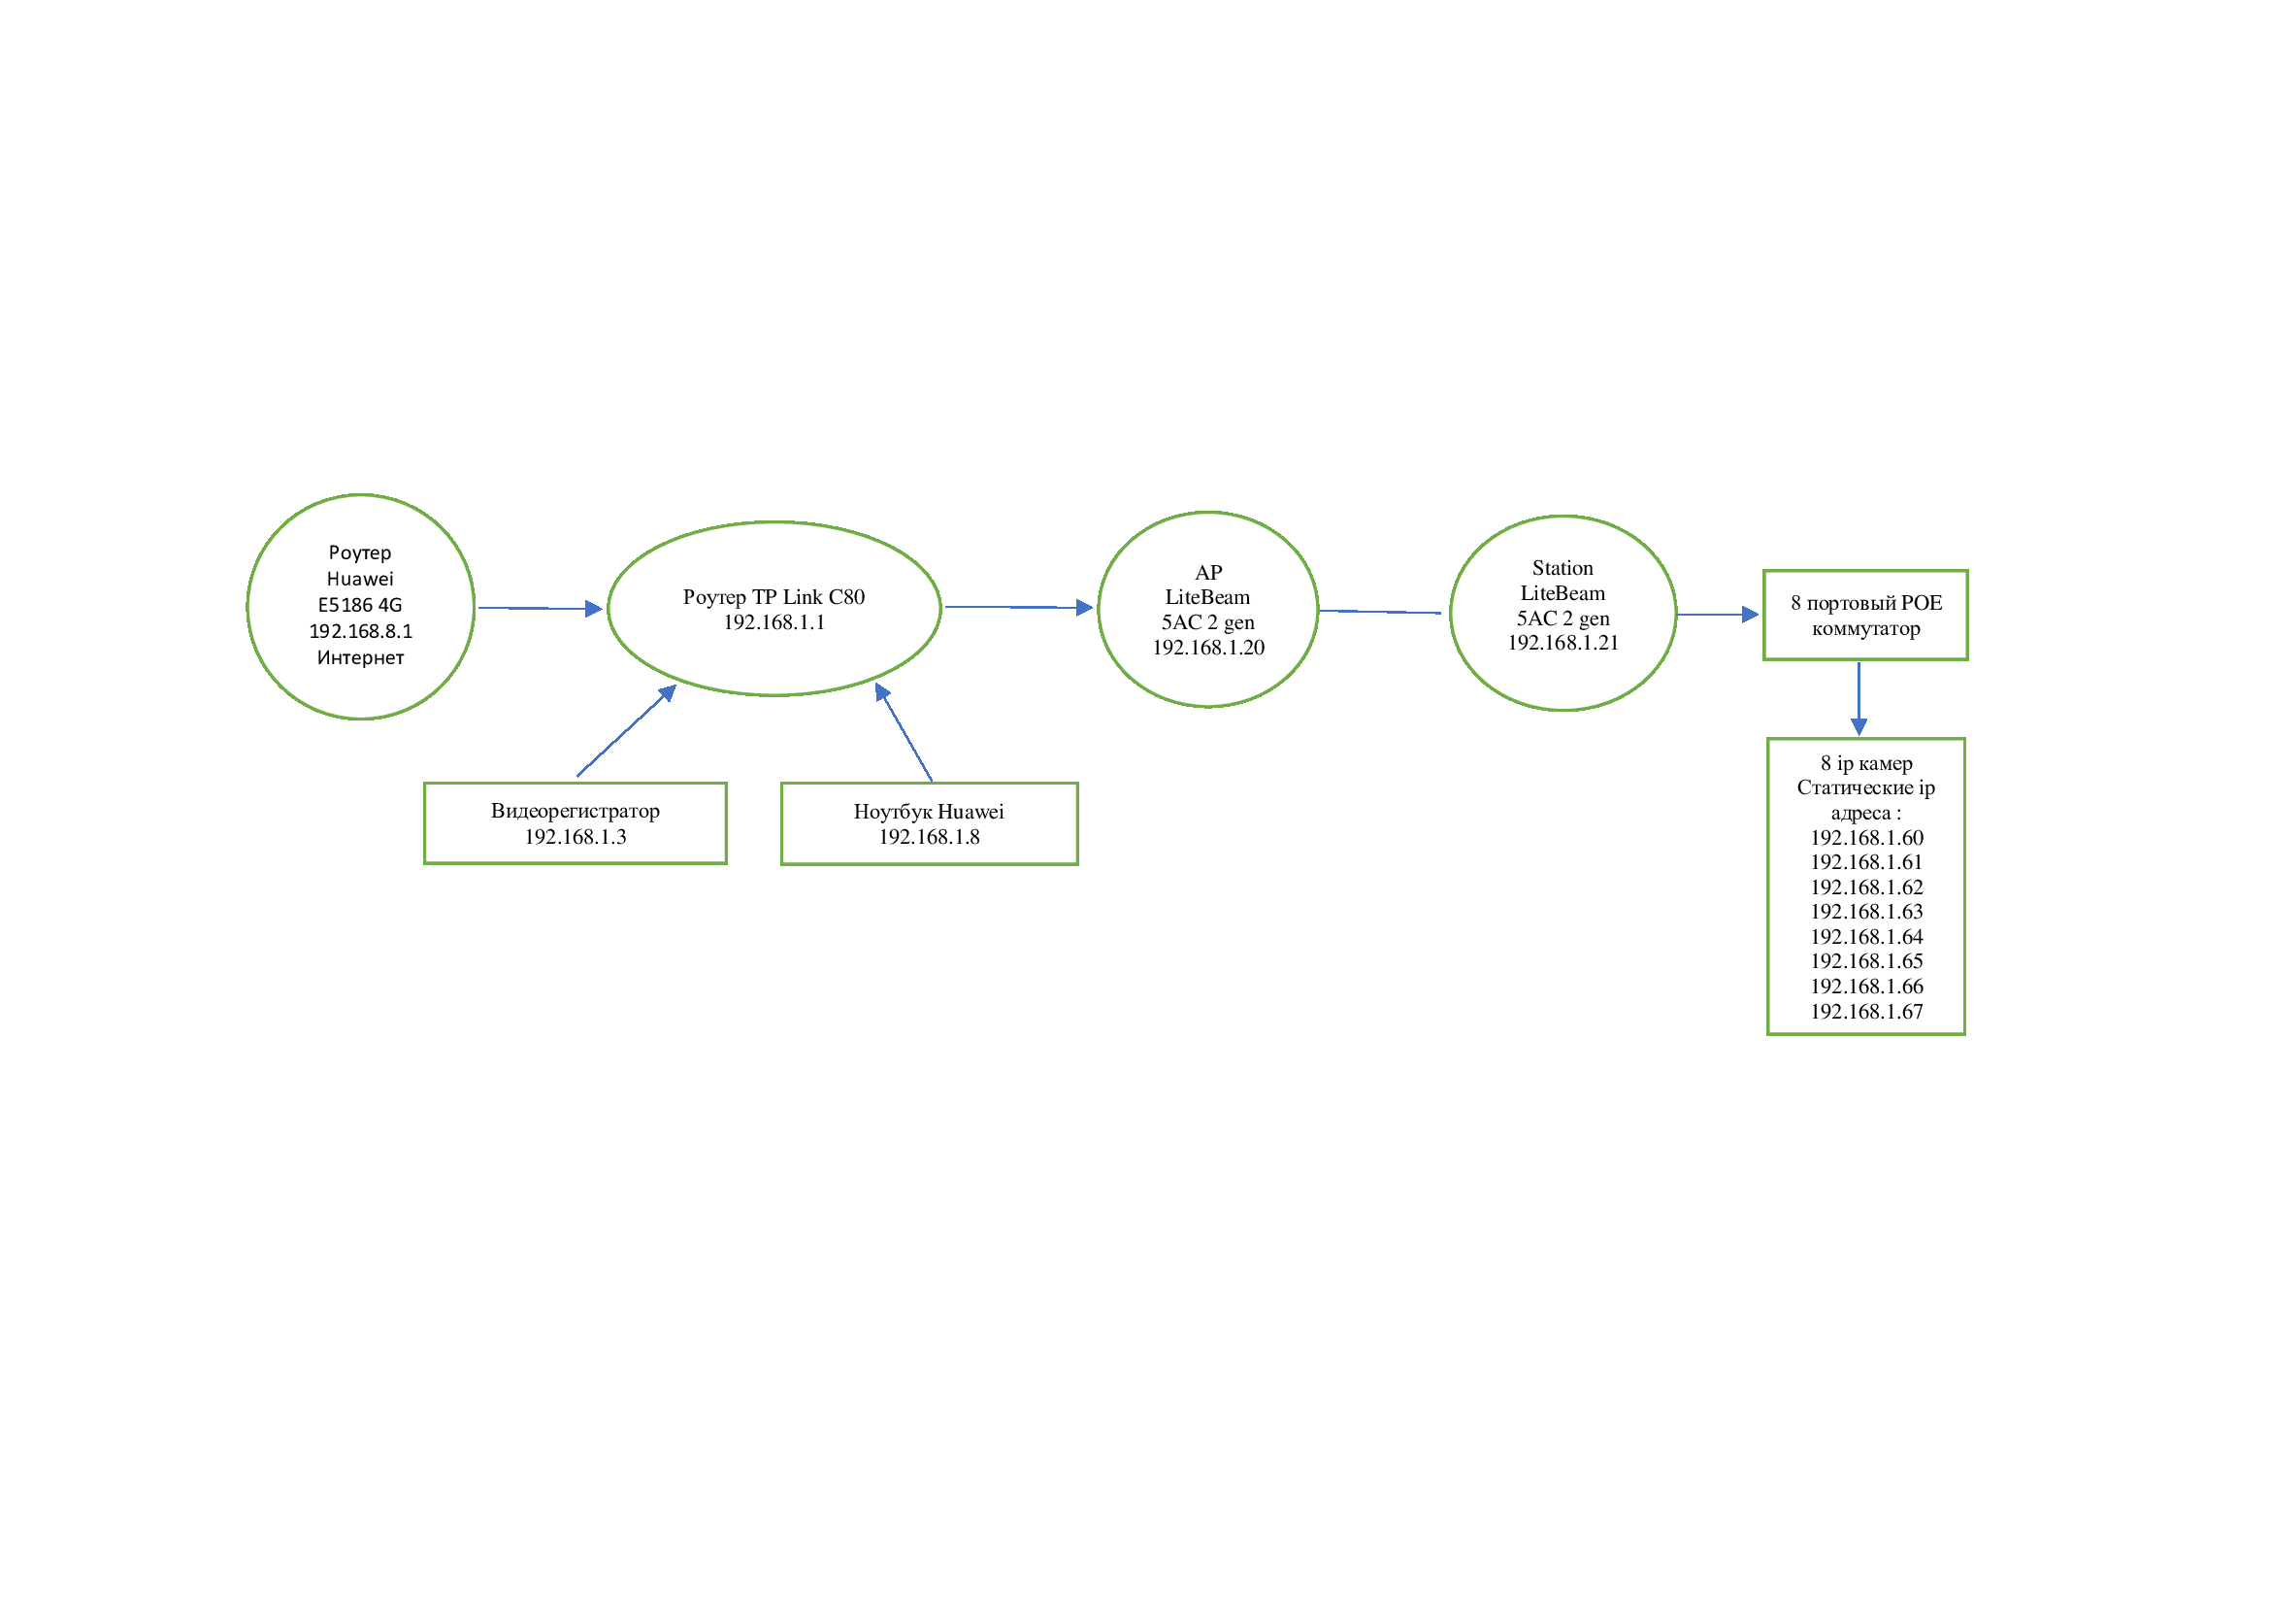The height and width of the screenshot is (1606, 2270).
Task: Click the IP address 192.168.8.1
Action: (x=360, y=631)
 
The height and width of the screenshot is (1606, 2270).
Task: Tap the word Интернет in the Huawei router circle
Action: (x=360, y=657)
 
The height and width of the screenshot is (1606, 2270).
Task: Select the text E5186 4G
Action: (x=360, y=605)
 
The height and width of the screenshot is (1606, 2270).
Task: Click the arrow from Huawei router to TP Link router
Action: (x=540, y=608)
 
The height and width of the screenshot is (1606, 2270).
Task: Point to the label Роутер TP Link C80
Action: (x=773, y=597)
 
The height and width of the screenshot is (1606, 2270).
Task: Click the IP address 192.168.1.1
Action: (x=773, y=622)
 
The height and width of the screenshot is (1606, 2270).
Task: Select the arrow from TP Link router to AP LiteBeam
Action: (x=1018, y=607)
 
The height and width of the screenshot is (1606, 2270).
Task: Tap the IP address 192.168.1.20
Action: (x=1208, y=648)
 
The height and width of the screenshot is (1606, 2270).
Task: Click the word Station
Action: (x=1563, y=568)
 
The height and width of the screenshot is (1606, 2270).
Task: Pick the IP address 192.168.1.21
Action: (x=1563, y=643)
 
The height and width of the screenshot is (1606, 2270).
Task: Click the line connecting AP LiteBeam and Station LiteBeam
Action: (x=1379, y=612)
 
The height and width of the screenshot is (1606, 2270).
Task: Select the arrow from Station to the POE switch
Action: (x=1718, y=615)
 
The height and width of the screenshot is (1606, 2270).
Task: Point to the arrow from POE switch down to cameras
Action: (x=1859, y=699)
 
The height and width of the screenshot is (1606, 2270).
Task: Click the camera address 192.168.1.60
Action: (x=1866, y=838)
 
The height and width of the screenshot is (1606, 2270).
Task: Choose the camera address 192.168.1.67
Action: (x=1866, y=1012)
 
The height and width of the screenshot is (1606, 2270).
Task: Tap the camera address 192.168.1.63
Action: (x=1866, y=912)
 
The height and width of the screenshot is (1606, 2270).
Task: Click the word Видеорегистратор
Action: (x=576, y=812)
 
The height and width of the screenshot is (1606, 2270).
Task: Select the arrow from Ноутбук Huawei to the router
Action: (x=904, y=732)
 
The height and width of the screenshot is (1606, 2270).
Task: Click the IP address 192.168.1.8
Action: (x=930, y=838)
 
